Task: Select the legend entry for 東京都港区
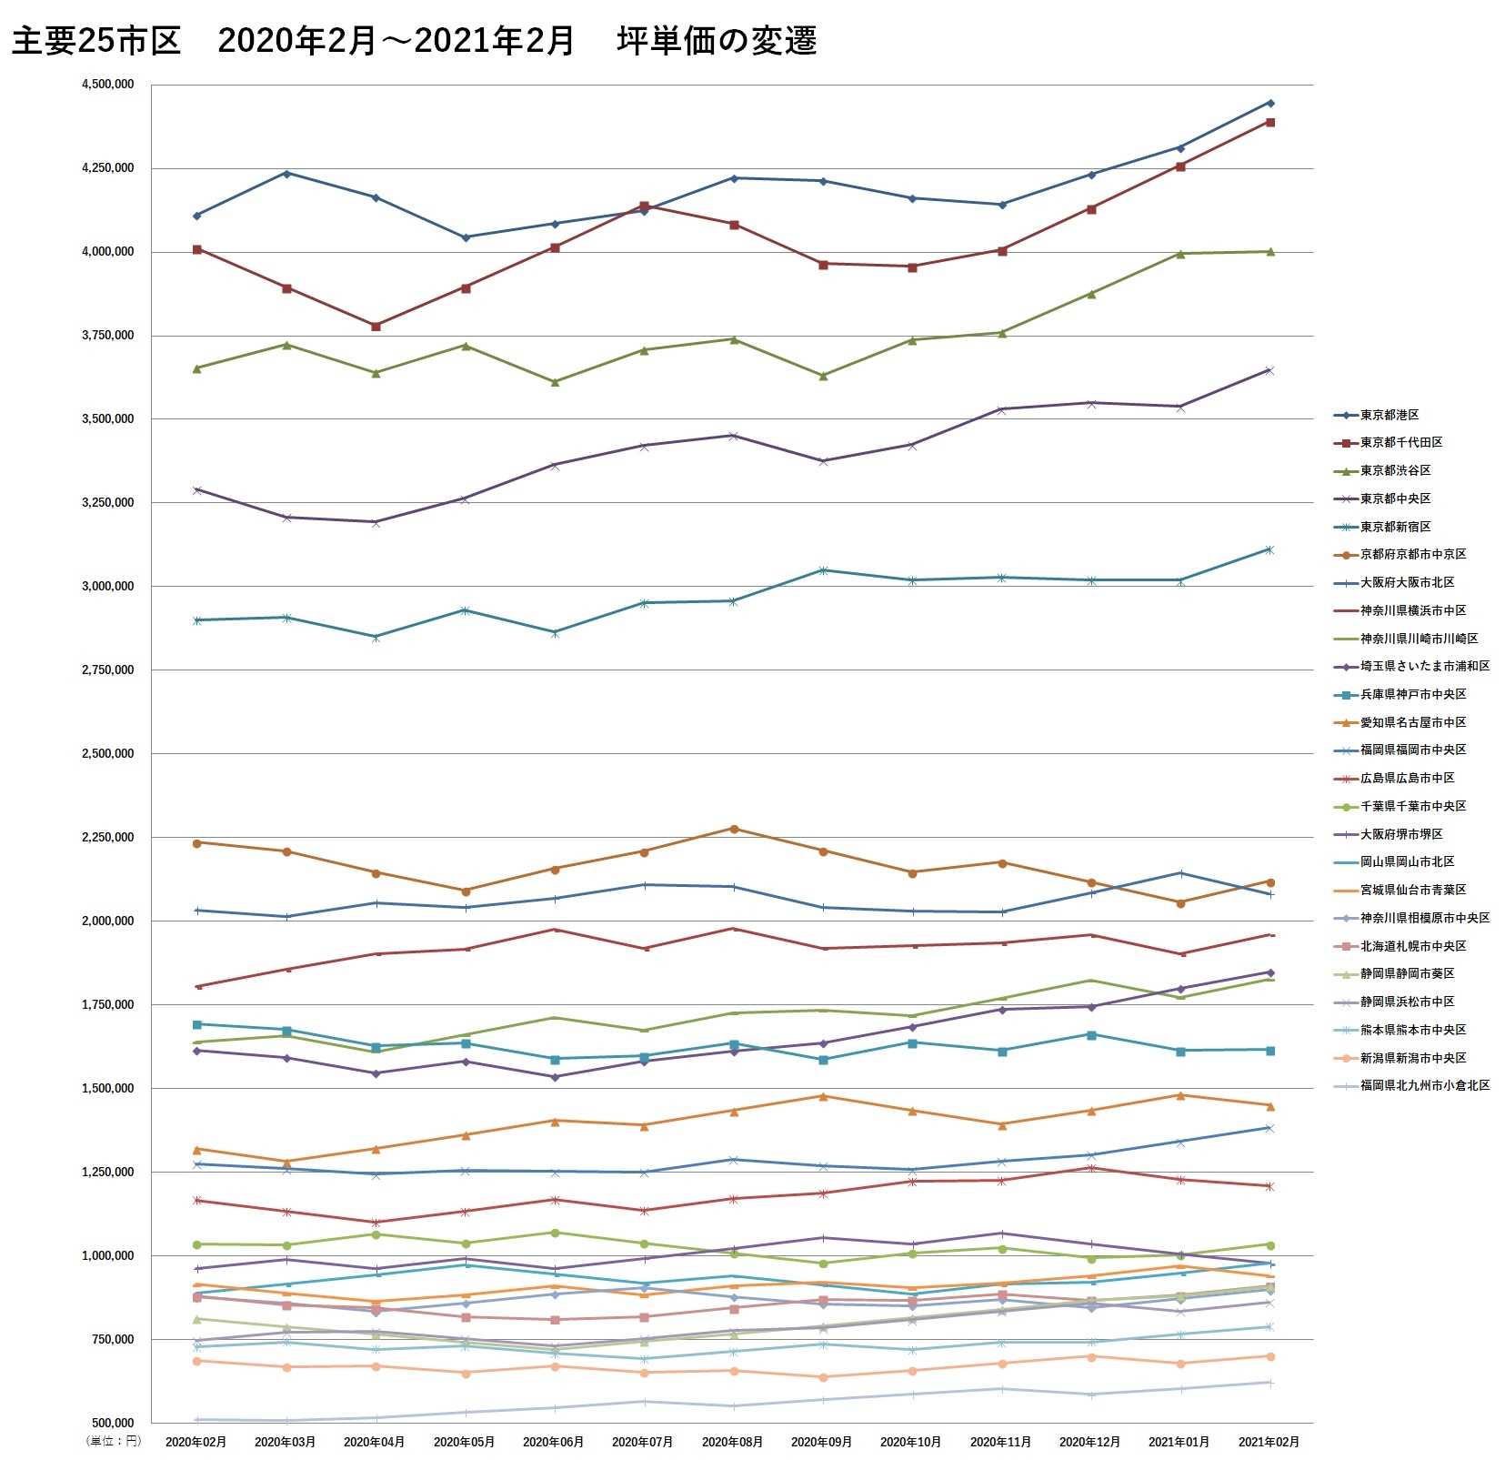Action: click(x=1389, y=415)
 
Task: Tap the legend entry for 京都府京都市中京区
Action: click(x=1412, y=554)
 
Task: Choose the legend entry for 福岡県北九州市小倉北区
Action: click(x=1424, y=1085)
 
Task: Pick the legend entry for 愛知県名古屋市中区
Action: click(x=1412, y=722)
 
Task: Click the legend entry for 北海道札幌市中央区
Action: click(x=1412, y=946)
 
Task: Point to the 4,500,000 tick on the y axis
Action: click(x=107, y=85)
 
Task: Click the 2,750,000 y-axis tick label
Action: click(x=107, y=670)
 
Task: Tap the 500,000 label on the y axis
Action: click(x=113, y=1423)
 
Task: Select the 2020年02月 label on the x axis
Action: click(x=196, y=1442)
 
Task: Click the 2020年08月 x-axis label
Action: click(x=732, y=1442)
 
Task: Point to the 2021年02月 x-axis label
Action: click(x=1269, y=1442)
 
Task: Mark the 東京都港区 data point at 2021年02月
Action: click(x=1270, y=103)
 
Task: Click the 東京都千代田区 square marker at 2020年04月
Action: click(x=376, y=326)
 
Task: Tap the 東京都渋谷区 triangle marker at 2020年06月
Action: click(x=555, y=382)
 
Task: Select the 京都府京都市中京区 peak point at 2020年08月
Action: click(x=734, y=829)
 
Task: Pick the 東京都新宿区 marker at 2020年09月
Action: click(x=823, y=570)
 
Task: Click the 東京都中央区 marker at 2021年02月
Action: click(x=1270, y=370)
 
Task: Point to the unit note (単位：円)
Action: click(x=114, y=1441)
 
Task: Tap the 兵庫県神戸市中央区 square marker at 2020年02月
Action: click(x=197, y=1024)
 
